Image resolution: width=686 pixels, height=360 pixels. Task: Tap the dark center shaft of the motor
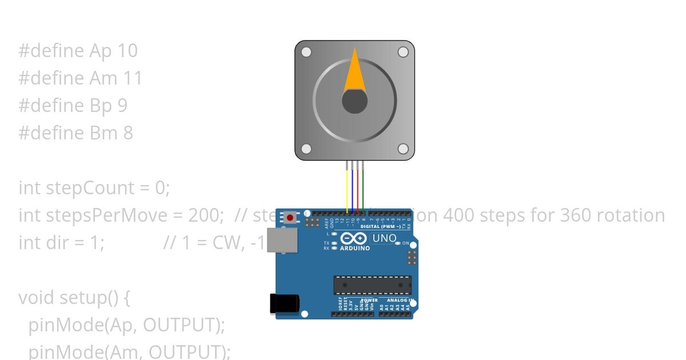pyautogui.click(x=354, y=102)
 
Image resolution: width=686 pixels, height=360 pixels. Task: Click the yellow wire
pyautogui.click(x=347, y=189)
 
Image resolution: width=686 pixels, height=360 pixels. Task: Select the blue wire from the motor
pyautogui.click(x=353, y=189)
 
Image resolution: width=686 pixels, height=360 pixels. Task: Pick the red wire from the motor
pyautogui.click(x=358, y=189)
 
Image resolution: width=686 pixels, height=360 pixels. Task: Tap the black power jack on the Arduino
pyautogui.click(x=284, y=303)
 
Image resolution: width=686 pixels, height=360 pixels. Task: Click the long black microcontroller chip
pyautogui.click(x=372, y=285)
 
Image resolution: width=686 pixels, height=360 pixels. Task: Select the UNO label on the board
pyautogui.click(x=384, y=238)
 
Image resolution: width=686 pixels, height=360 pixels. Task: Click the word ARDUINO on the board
pyautogui.click(x=354, y=249)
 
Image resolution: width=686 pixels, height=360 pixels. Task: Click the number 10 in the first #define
pyautogui.click(x=127, y=51)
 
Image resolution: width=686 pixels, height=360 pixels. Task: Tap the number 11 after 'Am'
pyautogui.click(x=133, y=78)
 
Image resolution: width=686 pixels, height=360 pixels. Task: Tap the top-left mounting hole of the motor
pyautogui.click(x=306, y=52)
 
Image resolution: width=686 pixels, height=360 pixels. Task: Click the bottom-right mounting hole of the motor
pyautogui.click(x=402, y=149)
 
